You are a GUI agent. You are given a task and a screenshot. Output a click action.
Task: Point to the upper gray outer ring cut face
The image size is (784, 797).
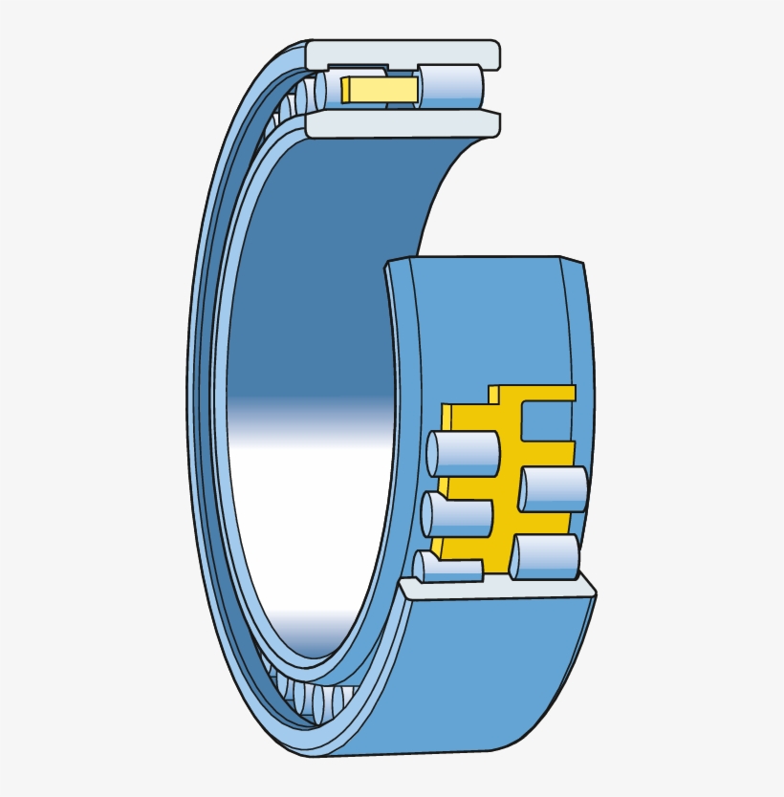(402, 54)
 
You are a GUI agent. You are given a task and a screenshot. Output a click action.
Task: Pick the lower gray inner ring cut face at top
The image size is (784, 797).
(402, 124)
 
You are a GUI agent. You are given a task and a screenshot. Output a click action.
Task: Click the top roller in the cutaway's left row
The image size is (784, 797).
(464, 453)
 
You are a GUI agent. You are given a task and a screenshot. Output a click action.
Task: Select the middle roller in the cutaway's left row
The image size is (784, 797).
(457, 515)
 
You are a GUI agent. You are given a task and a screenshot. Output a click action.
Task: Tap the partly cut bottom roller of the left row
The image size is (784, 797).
(447, 568)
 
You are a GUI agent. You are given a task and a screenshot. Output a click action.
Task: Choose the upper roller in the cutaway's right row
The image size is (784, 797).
(555, 488)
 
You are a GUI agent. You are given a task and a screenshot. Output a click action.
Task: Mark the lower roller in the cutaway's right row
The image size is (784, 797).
(545, 556)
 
